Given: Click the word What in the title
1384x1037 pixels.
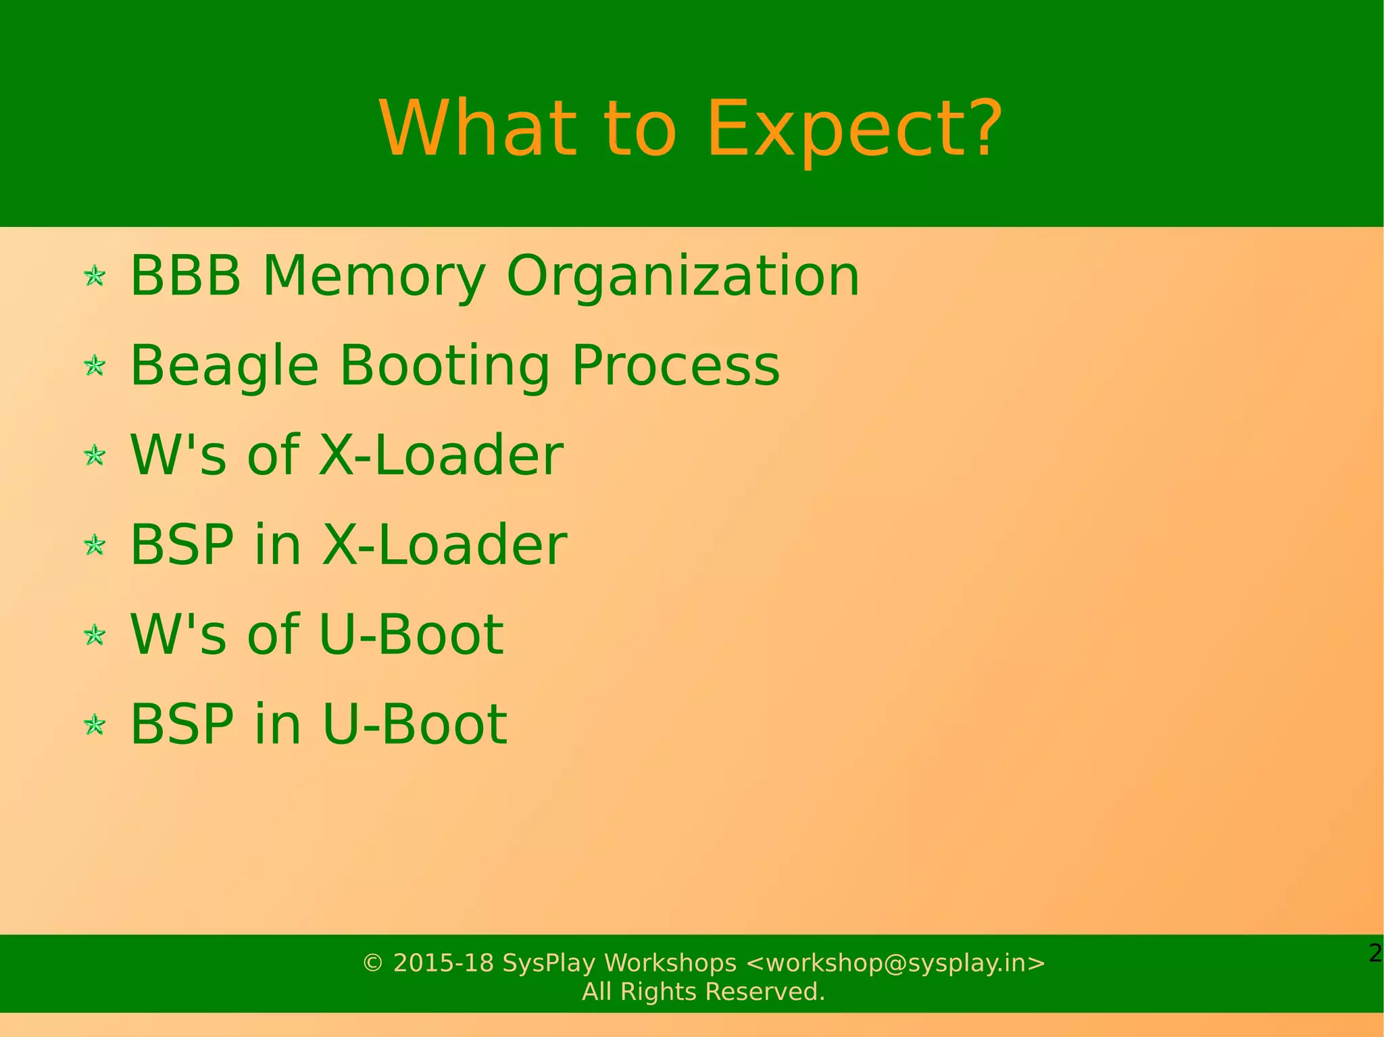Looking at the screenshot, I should tap(478, 128).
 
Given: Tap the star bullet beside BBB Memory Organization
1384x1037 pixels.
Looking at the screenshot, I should tap(95, 276).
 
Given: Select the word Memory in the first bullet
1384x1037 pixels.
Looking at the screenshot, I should tap(374, 276).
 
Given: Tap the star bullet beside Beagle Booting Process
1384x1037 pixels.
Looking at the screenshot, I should tap(95, 366).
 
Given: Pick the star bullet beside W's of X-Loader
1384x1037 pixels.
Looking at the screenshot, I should tap(95, 455).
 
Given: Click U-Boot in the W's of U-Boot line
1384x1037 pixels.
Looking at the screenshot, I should tap(411, 634).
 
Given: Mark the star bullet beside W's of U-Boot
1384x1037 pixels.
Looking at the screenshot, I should tap(95, 635).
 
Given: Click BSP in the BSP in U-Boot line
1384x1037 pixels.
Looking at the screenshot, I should tap(182, 724).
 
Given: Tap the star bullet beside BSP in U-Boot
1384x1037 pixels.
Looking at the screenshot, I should tap(95, 725).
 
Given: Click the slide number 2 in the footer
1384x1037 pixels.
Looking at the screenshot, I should tap(1375, 953).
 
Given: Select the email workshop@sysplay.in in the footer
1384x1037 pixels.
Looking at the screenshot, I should tap(895, 963).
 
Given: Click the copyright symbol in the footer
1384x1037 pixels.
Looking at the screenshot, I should tap(373, 963).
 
